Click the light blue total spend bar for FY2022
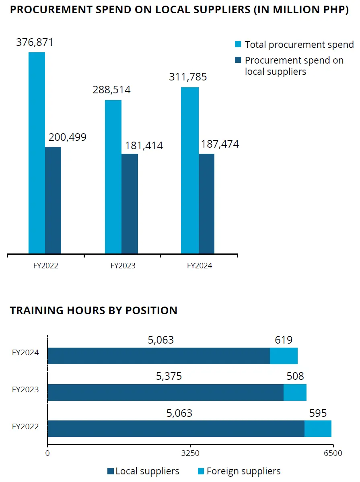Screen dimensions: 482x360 coord(37,153)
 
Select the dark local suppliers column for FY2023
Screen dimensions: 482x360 coord(130,204)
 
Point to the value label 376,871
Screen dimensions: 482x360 coord(35,43)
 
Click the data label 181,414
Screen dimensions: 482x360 coord(144,146)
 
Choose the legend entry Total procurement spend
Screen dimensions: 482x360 coord(299,45)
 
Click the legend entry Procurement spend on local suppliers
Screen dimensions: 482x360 coord(294,66)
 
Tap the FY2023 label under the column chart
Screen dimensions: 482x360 coord(123,266)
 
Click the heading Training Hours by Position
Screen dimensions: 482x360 coord(94,311)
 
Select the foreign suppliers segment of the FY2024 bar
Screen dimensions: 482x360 coord(284,356)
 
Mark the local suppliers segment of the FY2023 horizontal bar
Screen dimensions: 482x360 coord(165,392)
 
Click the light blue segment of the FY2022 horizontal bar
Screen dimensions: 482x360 coord(318,428)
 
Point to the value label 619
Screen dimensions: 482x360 coord(284,340)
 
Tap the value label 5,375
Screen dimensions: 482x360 coord(169,376)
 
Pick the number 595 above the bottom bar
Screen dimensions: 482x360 coord(318,413)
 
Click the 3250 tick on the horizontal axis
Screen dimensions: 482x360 coord(191,453)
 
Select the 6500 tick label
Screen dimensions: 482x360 coord(333,453)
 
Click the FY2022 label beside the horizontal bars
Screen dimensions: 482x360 coord(25,426)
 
